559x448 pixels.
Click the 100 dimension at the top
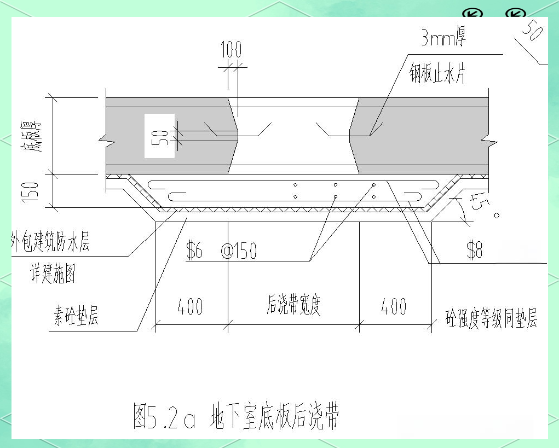click(231, 50)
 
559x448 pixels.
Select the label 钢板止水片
click(437, 72)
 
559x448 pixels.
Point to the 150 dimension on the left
click(32, 191)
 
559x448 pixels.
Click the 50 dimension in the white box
click(159, 136)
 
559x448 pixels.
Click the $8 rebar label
click(474, 250)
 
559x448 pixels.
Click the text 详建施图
click(53, 275)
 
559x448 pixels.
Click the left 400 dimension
click(190, 307)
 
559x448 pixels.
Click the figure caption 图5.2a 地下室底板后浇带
click(236, 417)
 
